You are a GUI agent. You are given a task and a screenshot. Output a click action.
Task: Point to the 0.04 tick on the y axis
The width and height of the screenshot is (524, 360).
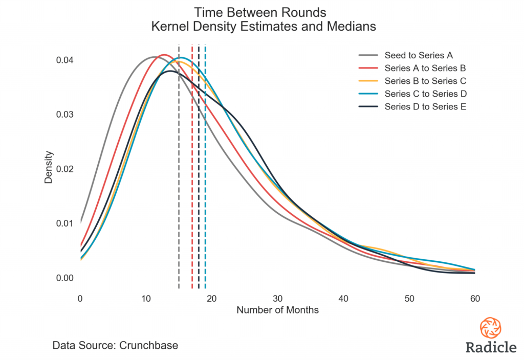point(64,60)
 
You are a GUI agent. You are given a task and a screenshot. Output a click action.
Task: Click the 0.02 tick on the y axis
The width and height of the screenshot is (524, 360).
point(64,169)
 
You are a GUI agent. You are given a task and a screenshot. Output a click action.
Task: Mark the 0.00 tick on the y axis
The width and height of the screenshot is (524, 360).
point(64,278)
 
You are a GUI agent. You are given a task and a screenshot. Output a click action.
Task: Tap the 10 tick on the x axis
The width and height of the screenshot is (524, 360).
point(146,298)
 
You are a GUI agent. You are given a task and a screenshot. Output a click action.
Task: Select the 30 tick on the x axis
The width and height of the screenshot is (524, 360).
point(277,298)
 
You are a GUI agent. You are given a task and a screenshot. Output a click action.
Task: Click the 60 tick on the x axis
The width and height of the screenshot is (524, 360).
point(475,298)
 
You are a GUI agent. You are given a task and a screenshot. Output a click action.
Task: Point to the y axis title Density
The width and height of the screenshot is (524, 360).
point(48,167)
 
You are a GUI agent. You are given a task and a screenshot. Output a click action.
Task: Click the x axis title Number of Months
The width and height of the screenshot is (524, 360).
point(277,310)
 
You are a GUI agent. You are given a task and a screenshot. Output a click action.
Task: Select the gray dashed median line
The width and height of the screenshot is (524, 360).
point(179,205)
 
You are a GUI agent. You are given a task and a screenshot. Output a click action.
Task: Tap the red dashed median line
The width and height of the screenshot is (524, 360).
point(192,205)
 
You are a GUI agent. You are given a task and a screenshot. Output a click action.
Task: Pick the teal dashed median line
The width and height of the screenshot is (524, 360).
point(205,205)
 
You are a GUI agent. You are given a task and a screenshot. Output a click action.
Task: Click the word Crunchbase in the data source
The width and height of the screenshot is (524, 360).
point(148,345)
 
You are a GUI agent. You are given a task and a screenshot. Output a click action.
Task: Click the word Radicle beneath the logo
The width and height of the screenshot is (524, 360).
point(491,347)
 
